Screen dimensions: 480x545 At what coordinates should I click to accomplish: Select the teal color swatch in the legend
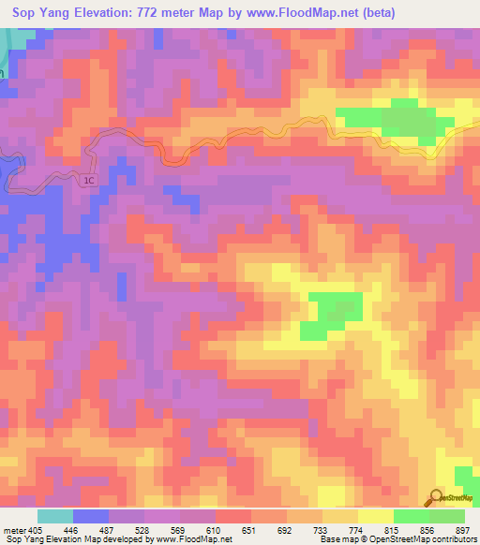pyautogui.click(x=55, y=515)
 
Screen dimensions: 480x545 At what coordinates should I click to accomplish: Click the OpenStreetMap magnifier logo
pyautogui.click(x=436, y=496)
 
